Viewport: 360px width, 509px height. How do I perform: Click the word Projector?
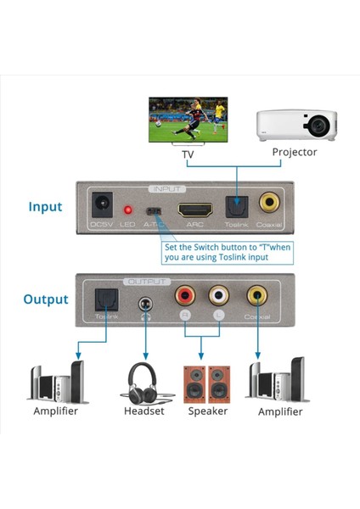[294, 153]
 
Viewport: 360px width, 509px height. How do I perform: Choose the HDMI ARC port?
[194, 207]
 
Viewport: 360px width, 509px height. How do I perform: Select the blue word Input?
[45, 206]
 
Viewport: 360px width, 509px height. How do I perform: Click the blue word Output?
[45, 299]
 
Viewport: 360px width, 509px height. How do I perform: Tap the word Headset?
[141, 411]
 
